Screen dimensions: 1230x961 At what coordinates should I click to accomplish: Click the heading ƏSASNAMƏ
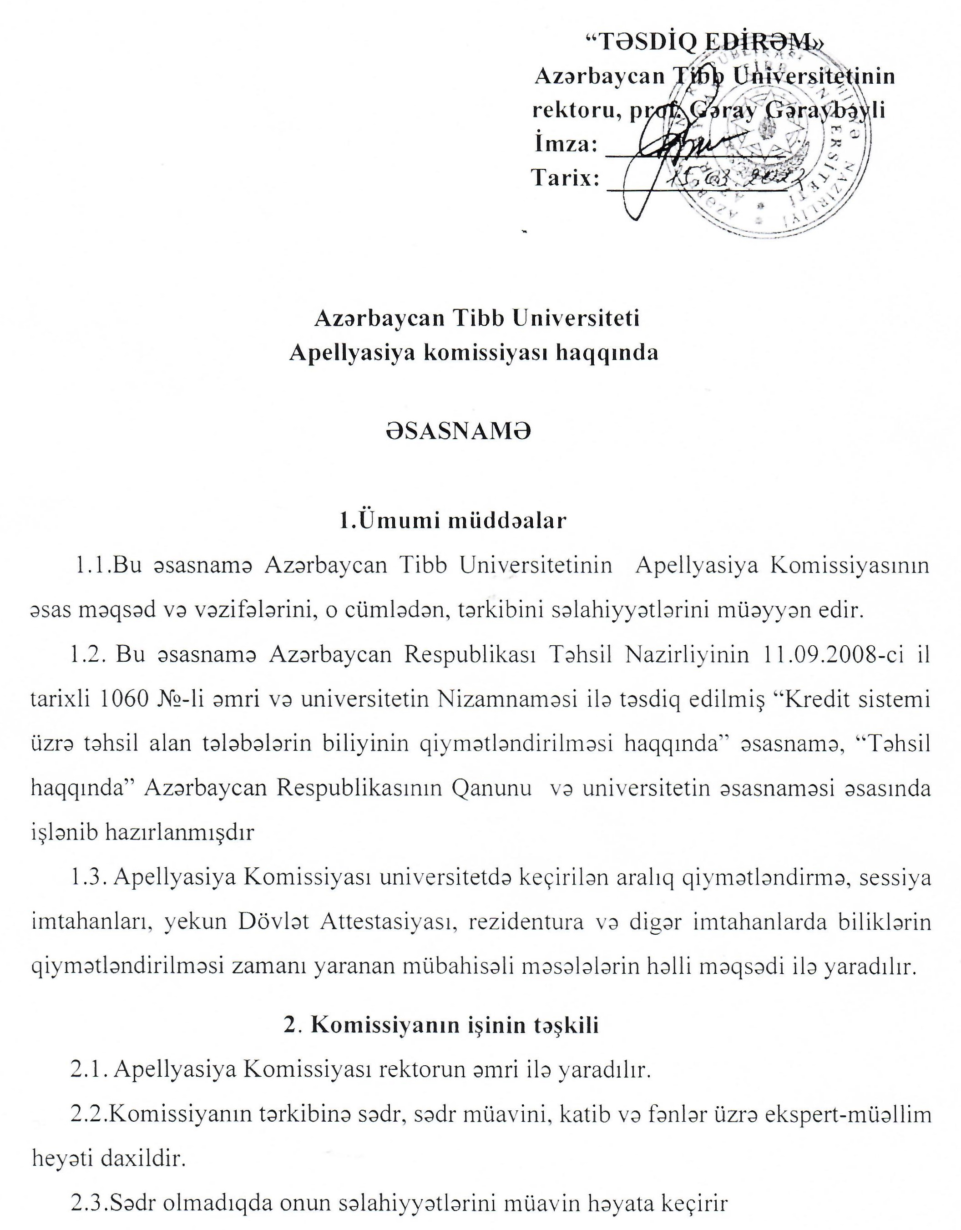coord(458,432)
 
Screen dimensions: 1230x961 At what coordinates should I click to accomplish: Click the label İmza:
coord(565,145)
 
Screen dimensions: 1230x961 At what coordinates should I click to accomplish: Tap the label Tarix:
coord(565,178)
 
